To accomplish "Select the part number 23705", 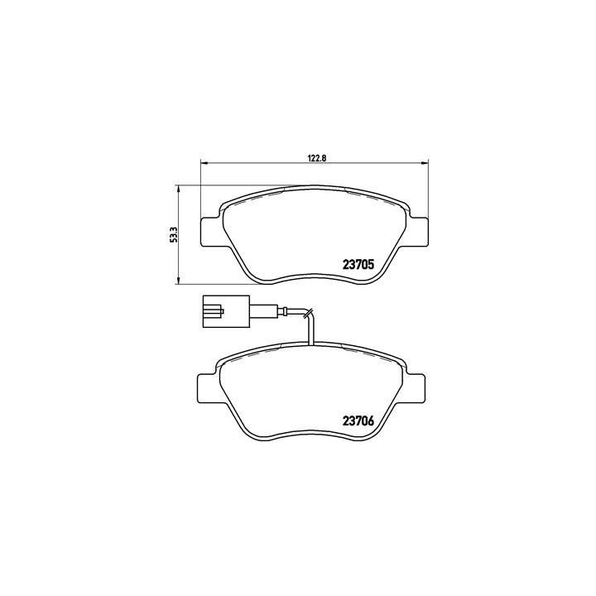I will (x=359, y=266).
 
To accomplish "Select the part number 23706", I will (x=359, y=420).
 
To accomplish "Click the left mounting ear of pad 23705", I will (x=211, y=231).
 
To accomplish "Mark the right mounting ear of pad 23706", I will (x=417, y=386).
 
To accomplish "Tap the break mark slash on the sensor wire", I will (x=308, y=314).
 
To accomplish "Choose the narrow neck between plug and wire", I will (x=252, y=311).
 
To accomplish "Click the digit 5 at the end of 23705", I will (x=372, y=266).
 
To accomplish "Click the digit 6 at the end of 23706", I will (x=372, y=420).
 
